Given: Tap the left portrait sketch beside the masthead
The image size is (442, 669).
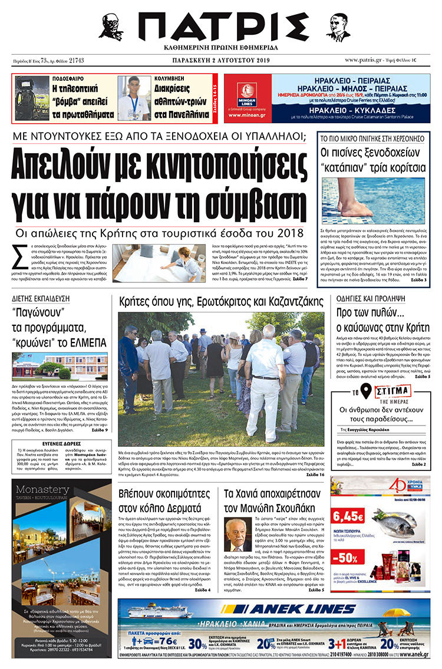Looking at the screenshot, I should point(112,27).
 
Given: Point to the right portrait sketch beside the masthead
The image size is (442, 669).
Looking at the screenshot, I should point(338,27).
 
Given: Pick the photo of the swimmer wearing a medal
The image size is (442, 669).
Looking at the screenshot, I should point(134,98).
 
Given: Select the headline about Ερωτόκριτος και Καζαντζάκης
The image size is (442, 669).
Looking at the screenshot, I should point(221,302).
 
